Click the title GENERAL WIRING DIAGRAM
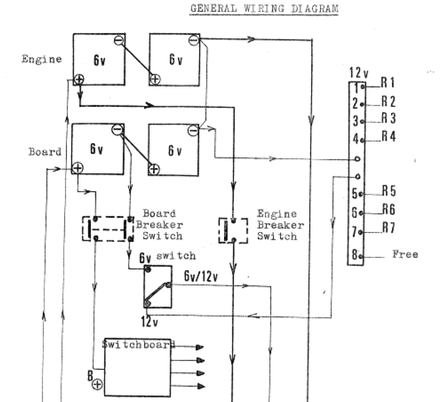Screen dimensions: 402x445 pos(264,9)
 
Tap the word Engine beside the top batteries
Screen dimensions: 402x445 pos(42,60)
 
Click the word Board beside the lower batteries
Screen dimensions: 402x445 pos(45,153)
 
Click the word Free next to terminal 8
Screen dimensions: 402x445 pos(405,254)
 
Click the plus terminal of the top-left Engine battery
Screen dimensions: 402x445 pos(79,79)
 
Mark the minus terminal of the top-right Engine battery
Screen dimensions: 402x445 pos(194,40)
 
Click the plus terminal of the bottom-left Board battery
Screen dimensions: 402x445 pos(77,168)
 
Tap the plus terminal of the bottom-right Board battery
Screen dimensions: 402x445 pos(154,169)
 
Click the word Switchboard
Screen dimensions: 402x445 pos(138,344)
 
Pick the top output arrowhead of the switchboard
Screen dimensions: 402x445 pos(200,347)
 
